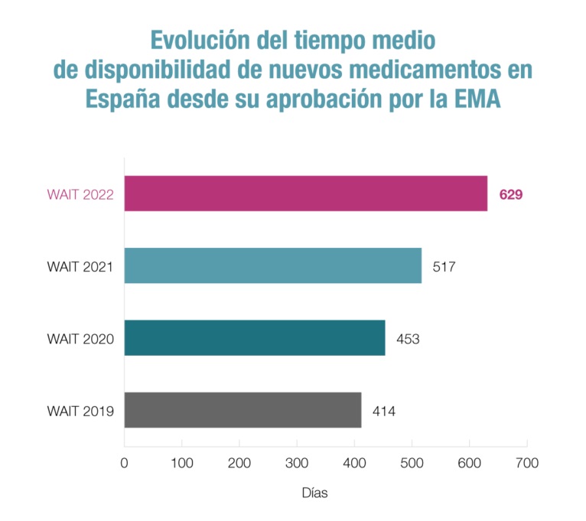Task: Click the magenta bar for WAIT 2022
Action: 305,194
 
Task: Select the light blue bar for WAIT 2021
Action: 272,265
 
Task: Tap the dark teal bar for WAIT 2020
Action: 254,337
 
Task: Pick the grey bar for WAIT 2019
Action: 243,410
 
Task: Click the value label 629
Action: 511,194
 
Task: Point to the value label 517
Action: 444,266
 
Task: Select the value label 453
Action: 408,338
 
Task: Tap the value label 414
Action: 384,411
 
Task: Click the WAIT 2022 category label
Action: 80,194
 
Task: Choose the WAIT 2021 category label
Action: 80,266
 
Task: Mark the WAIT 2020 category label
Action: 80,338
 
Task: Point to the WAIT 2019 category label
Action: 80,411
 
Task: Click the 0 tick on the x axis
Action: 124,463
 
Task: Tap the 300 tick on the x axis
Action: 297,463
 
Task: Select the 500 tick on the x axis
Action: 412,463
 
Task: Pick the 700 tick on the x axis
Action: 527,463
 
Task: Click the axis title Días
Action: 314,493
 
